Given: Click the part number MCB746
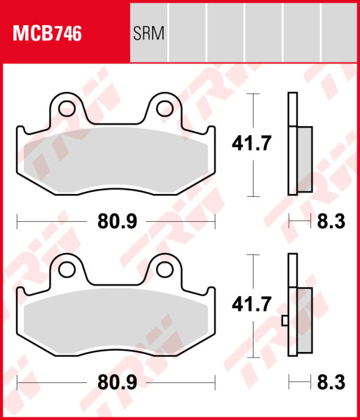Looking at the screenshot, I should point(46,34).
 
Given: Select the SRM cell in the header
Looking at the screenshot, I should point(148,34).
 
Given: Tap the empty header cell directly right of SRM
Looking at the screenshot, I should point(188,34).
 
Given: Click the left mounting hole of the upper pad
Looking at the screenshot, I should point(68,108).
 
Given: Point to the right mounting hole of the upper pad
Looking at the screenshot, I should point(165,107).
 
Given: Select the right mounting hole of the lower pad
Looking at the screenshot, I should point(165,269).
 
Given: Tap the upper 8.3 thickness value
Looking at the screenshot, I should point(331,223).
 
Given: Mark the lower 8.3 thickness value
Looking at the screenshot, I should point(331,384).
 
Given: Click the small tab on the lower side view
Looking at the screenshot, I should point(284,321).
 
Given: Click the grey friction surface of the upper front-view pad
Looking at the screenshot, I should point(116,157).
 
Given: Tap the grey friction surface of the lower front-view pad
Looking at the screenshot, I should point(116,318).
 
